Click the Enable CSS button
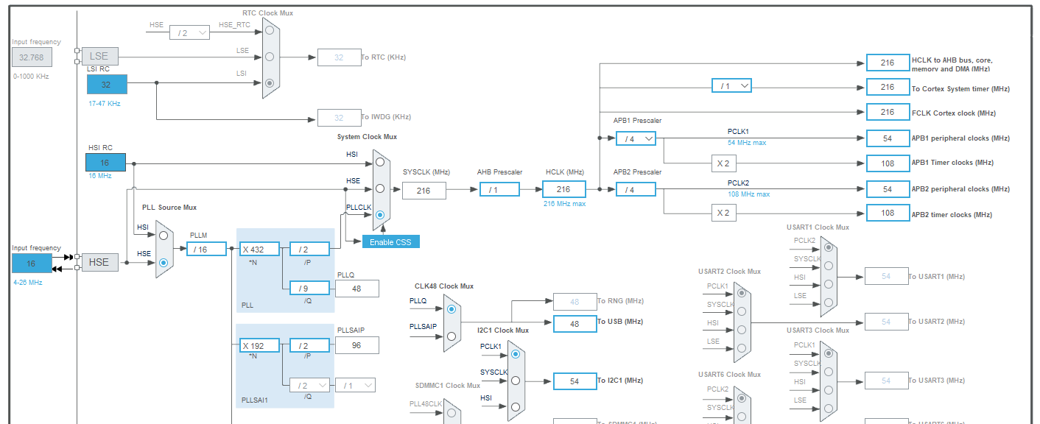tap(390, 242)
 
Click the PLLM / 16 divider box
tap(206, 250)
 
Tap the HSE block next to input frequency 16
tap(99, 262)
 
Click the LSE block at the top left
tap(99, 56)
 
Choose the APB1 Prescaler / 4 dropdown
tap(636, 138)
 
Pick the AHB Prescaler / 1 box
tap(499, 190)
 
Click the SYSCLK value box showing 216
tap(424, 191)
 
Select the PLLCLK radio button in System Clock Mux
tap(379, 215)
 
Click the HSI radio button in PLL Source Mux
tap(164, 236)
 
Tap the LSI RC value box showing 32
tap(107, 85)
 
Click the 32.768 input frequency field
tap(32, 57)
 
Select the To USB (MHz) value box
tap(575, 323)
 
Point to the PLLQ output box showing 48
tap(357, 289)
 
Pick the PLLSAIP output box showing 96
tap(357, 345)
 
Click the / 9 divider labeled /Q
tap(309, 289)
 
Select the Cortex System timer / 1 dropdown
tap(731, 86)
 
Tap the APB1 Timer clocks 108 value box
tap(888, 163)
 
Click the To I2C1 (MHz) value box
tap(575, 381)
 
